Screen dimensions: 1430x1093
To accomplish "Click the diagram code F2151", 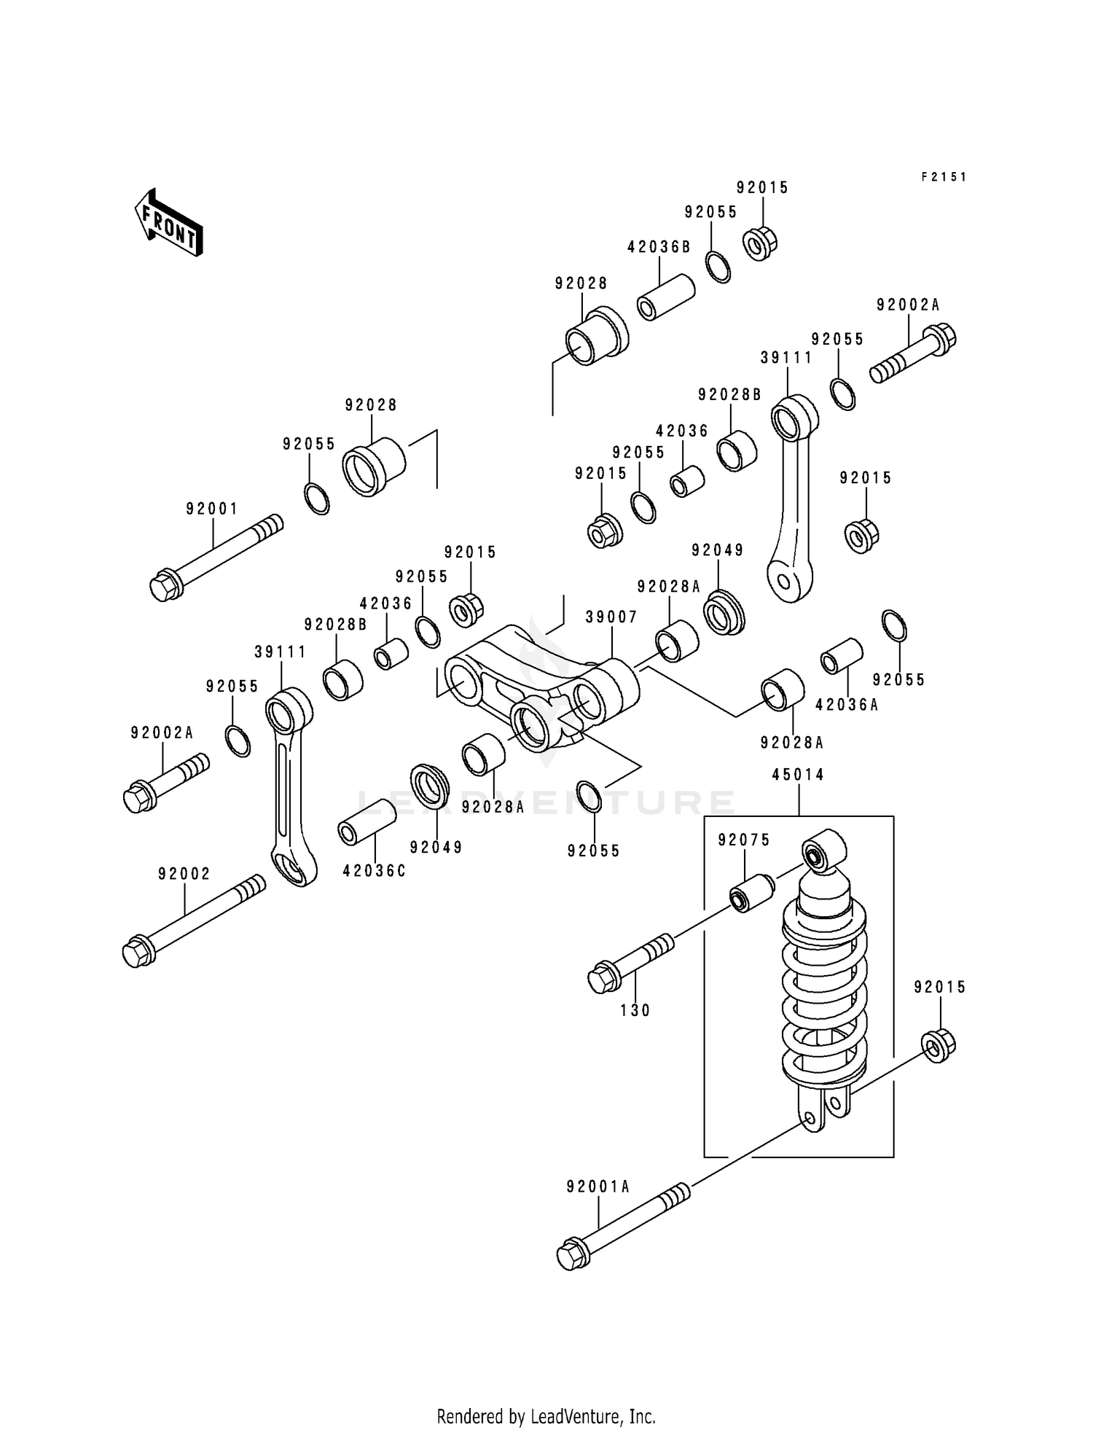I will coord(943,176).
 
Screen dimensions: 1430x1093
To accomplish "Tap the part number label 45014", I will coord(798,775).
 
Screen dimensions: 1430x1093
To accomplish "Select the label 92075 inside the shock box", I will coord(743,840).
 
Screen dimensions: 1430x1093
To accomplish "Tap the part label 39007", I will coord(611,617).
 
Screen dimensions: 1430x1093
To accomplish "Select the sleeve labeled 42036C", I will coord(367,821).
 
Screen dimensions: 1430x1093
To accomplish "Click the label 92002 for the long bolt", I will coord(184,873).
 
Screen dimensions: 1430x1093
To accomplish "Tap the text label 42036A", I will coord(847,705).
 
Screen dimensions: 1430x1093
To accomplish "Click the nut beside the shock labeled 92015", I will coord(939,1046).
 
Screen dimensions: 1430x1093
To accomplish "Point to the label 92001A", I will coord(598,1187).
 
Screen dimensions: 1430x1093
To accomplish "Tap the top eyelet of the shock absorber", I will coord(823,850).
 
